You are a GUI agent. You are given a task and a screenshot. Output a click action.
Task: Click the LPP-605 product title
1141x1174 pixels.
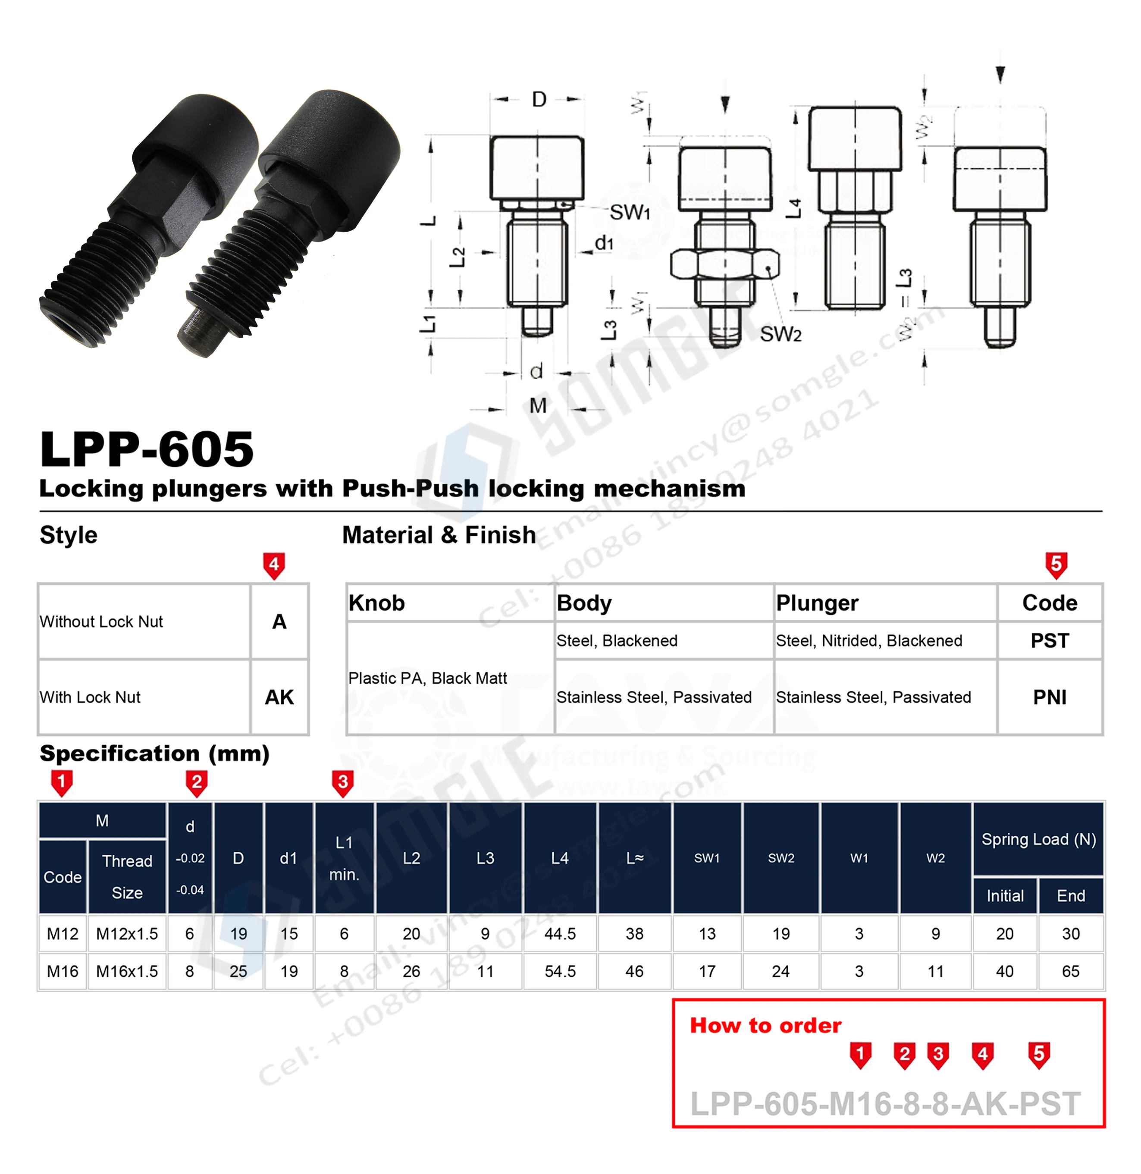pos(147,449)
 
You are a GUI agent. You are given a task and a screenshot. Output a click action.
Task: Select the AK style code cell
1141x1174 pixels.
pos(279,697)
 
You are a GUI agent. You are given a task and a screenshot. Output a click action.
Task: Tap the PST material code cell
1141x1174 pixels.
pos(1049,640)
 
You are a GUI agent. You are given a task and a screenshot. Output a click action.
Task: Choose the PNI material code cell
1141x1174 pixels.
pos(1049,697)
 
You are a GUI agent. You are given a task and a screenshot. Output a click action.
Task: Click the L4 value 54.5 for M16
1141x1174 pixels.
pos(560,971)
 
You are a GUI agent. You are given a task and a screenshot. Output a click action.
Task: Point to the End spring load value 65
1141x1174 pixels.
pos(1070,971)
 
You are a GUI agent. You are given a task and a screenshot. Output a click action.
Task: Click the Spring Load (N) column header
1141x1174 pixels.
pos(1038,839)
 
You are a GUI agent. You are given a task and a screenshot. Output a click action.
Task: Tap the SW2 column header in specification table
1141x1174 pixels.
pos(781,858)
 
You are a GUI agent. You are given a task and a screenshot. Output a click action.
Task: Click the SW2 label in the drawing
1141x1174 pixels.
pos(780,334)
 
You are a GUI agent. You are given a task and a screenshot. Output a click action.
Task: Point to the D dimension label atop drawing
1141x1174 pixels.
pos(539,100)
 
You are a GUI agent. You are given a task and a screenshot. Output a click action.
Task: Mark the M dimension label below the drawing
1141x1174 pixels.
pos(538,406)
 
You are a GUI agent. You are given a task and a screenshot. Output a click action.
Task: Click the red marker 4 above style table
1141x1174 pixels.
pos(274,565)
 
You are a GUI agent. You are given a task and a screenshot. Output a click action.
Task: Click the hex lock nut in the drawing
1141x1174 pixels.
pos(724,264)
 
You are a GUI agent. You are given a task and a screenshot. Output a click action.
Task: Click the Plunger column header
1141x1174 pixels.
pos(817,603)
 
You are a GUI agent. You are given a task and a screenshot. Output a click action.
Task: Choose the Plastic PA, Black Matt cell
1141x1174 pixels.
pos(427,678)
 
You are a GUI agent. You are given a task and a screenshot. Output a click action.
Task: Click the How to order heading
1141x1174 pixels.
pos(765,1025)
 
